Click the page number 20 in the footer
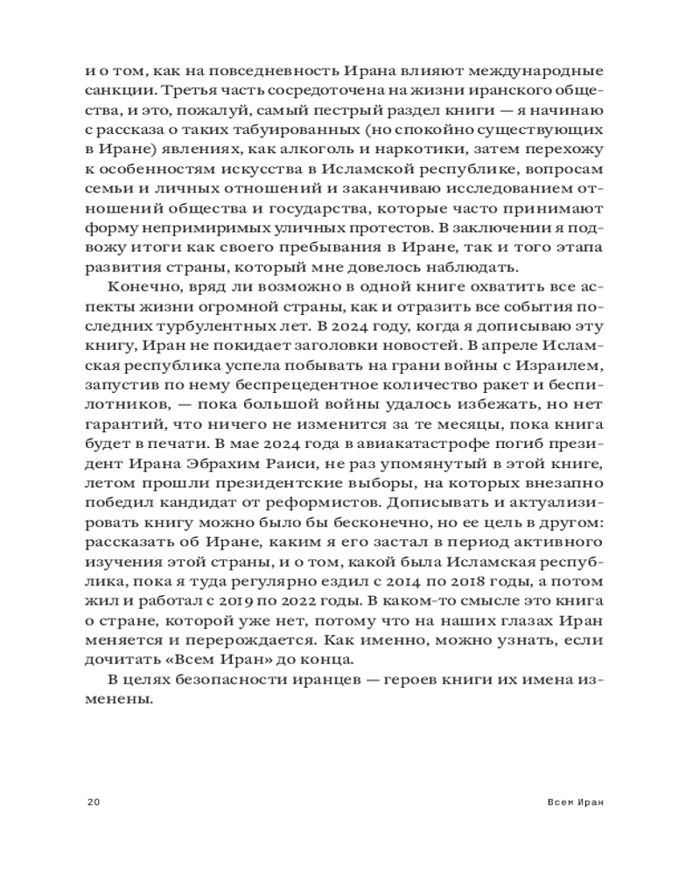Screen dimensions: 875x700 coord(95,802)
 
